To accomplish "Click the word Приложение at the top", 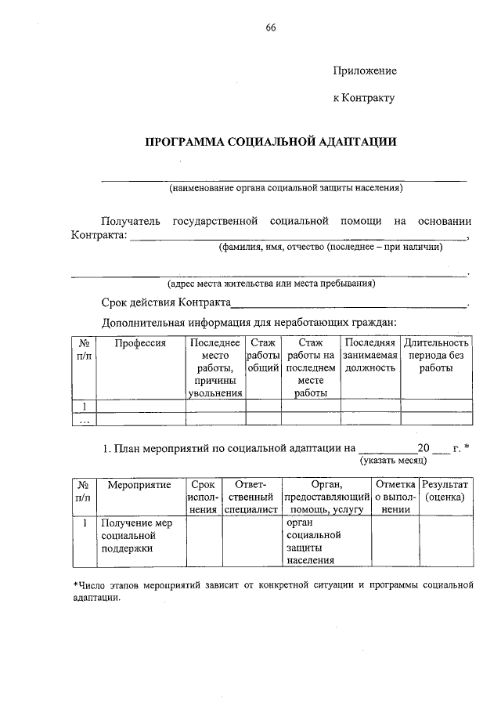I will (365, 71).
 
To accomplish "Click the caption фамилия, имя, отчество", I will (330, 247).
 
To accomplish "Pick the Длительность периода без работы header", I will (436, 355).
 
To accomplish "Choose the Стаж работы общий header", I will (263, 355).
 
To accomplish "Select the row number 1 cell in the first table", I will (83, 405).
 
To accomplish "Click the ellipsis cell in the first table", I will (83, 419).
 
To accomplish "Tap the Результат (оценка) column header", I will (445, 490).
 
